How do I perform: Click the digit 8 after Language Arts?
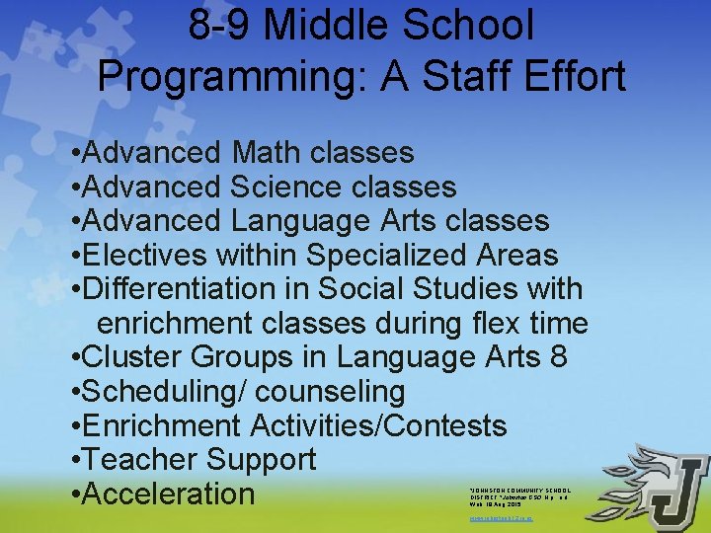[558, 356]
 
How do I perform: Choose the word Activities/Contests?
[378, 425]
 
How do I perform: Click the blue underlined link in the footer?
[501, 516]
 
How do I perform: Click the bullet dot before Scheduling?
[76, 392]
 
